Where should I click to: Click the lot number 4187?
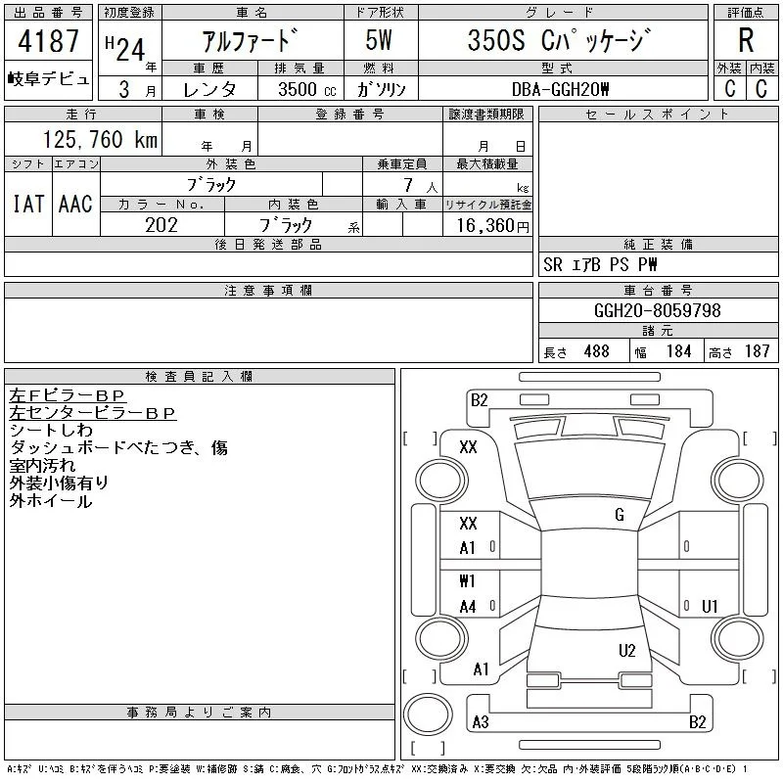(x=48, y=41)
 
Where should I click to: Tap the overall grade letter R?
(x=746, y=40)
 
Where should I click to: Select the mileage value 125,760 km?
(x=100, y=139)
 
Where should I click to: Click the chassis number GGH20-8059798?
(x=657, y=310)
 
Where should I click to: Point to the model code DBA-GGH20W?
(x=560, y=89)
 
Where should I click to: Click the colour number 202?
(x=161, y=225)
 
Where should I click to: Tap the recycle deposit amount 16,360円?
(x=492, y=226)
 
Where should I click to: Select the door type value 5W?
(x=379, y=40)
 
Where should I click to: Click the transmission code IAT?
(x=28, y=204)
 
